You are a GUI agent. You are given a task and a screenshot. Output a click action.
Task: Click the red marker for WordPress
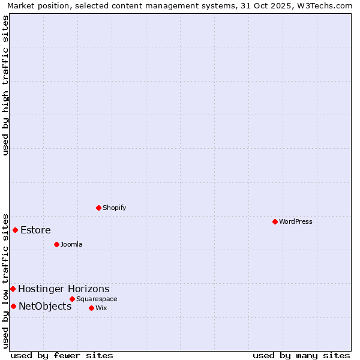(x=275, y=221)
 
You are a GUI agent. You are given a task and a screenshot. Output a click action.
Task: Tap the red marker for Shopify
(x=98, y=208)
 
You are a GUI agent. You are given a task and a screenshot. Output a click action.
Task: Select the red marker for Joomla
(x=56, y=244)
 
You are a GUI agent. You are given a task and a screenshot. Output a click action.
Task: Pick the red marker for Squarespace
(x=72, y=299)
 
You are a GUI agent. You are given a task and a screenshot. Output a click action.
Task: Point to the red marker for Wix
(x=91, y=308)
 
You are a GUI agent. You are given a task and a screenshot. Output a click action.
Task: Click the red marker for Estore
(x=15, y=230)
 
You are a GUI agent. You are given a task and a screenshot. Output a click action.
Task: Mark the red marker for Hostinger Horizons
(x=13, y=289)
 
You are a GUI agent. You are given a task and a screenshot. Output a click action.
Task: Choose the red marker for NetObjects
(x=13, y=306)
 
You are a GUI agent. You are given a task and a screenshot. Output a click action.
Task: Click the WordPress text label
(x=296, y=221)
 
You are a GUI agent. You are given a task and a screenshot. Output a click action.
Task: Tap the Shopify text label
(x=115, y=208)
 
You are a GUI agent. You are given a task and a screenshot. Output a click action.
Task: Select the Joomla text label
(x=71, y=244)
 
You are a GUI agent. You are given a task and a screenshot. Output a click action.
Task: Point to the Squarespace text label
(x=97, y=299)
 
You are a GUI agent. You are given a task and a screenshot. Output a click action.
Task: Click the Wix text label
(x=101, y=308)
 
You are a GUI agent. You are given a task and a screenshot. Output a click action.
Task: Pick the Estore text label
(x=35, y=230)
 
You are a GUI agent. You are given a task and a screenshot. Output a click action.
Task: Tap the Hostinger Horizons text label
(x=64, y=289)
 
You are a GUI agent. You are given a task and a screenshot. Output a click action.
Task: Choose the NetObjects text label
(x=45, y=306)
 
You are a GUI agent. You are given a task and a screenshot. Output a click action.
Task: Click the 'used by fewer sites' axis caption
(x=62, y=355)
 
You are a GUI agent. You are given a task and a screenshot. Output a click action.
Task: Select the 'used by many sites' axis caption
(x=301, y=355)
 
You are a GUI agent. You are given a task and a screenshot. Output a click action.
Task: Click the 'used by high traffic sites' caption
(x=5, y=85)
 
